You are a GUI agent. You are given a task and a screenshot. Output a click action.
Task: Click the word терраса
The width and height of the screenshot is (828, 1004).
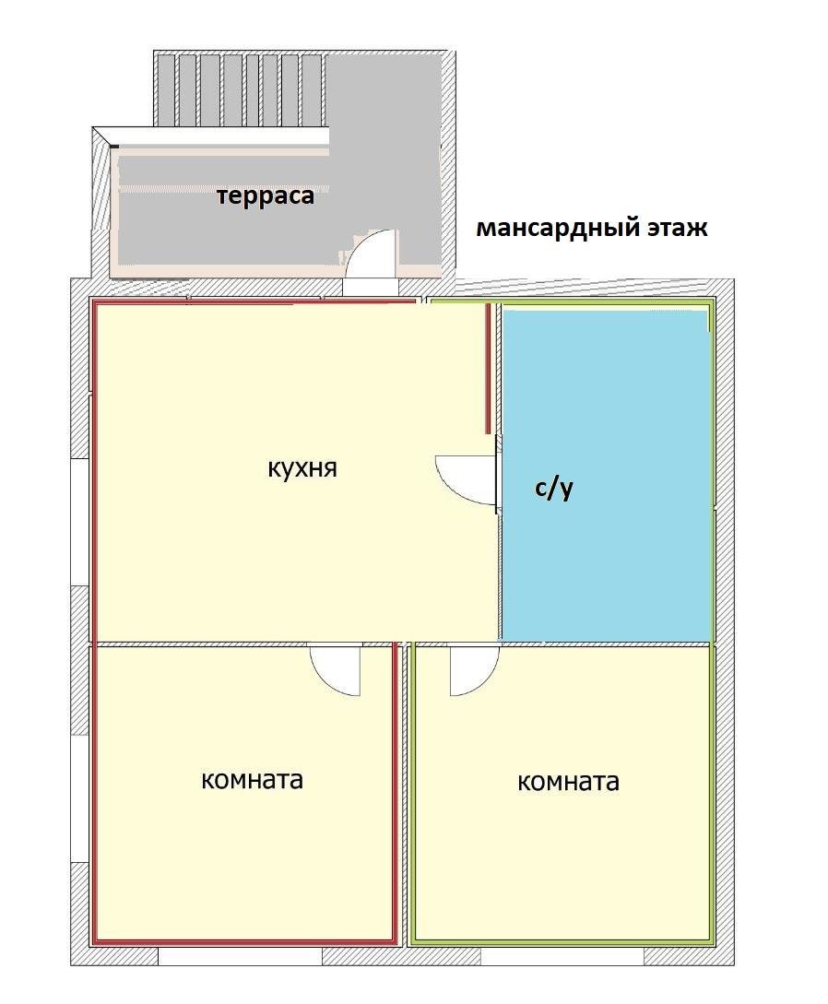pyautogui.click(x=265, y=195)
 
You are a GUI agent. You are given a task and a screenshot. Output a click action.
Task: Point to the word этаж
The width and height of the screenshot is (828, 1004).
pyautogui.click(x=674, y=228)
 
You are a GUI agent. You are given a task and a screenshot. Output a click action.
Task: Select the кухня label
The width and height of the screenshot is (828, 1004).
pyautogui.click(x=302, y=467)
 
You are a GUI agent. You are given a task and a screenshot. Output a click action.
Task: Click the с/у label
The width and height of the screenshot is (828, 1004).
pyautogui.click(x=554, y=488)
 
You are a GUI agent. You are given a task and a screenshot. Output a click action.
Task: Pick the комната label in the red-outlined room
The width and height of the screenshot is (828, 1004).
pyautogui.click(x=252, y=779)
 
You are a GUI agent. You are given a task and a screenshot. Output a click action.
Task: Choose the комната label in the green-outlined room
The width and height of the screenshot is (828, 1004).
pyautogui.click(x=568, y=782)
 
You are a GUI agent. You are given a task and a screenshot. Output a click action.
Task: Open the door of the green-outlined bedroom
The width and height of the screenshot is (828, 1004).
pyautogui.click(x=471, y=670)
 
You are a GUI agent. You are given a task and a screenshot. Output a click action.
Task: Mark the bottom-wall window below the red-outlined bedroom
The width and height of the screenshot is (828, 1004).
pyautogui.click(x=240, y=956)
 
